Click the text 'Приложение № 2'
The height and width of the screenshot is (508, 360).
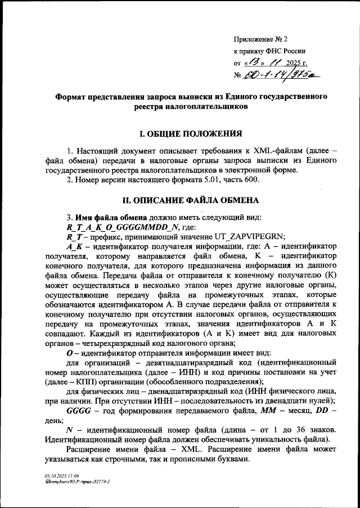(260, 39)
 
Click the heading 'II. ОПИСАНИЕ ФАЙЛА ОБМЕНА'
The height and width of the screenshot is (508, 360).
(191, 200)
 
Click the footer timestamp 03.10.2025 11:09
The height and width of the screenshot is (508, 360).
(62, 476)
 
